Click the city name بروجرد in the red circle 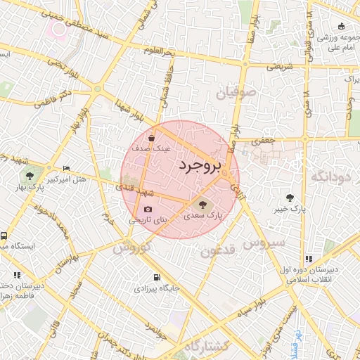coord(199,166)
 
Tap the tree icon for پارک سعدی coord(194,205)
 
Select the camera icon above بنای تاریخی coord(148,209)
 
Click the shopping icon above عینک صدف coord(152,138)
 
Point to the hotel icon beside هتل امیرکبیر coord(66,169)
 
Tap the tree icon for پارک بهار coord(30,176)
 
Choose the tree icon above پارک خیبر coord(290,197)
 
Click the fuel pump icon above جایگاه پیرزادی coord(156,277)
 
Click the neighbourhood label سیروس coord(264,243)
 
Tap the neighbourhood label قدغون coord(216,251)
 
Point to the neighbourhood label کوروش coord(131,248)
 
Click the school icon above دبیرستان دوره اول coord(309,259)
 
